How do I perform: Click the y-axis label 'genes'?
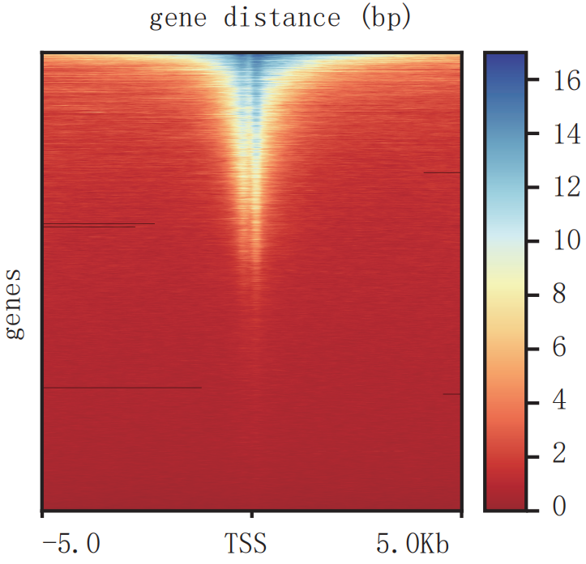[x=15, y=306]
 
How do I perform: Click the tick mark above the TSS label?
[x=252, y=515]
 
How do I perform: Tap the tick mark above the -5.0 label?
[x=42, y=515]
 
